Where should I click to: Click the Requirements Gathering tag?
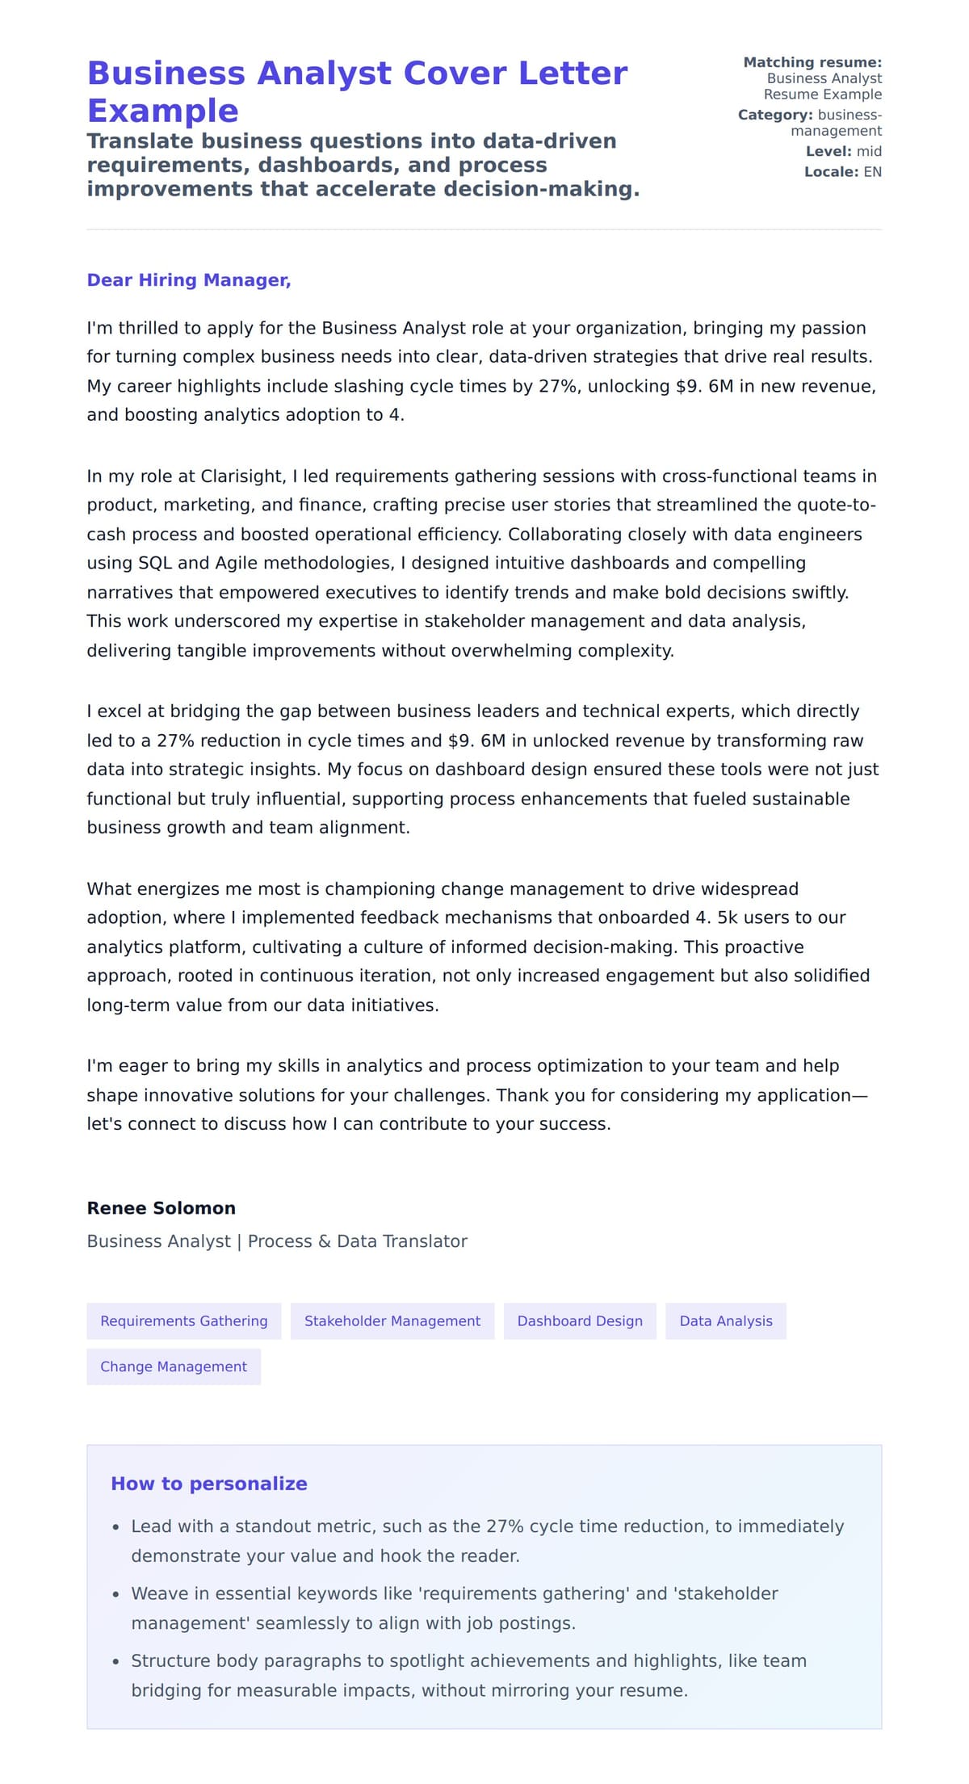pyautogui.click(x=183, y=1320)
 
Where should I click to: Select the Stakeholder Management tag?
pyautogui.click(x=392, y=1320)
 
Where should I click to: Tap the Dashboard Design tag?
pyautogui.click(x=580, y=1320)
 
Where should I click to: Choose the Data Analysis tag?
pyautogui.click(x=725, y=1320)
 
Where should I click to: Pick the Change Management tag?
pyautogui.click(x=174, y=1366)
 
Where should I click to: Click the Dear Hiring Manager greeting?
pyautogui.click(x=188, y=280)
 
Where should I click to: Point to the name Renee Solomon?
pyautogui.click(x=161, y=1208)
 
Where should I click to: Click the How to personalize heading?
pyautogui.click(x=209, y=1484)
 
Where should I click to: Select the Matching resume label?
pyautogui.click(x=812, y=62)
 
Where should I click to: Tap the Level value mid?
pyautogui.click(x=869, y=151)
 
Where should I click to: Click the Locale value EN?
pyautogui.click(x=872, y=172)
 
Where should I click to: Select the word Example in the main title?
pyautogui.click(x=162, y=111)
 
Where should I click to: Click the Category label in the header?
pyautogui.click(x=774, y=115)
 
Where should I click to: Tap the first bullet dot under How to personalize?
pyautogui.click(x=116, y=1527)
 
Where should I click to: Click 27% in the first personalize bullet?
pyautogui.click(x=505, y=1526)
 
